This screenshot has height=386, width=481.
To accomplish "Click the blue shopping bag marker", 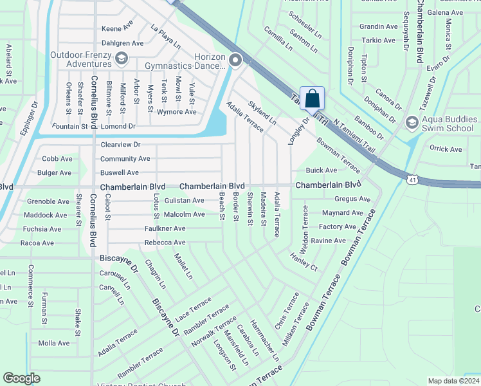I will pyautogui.click(x=312, y=98).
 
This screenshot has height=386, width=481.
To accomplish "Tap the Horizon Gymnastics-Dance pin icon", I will pyautogui.click(x=235, y=61).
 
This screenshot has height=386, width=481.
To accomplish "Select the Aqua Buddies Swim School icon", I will pyautogui.click(x=412, y=122).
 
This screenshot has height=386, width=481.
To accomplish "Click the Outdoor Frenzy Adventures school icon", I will pyautogui.click(x=120, y=60).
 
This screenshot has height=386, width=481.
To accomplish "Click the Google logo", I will pyautogui.click(x=22, y=378).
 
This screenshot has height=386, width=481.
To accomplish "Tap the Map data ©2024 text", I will pyautogui.click(x=453, y=381).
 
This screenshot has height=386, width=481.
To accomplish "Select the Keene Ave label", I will pyautogui.click(x=117, y=29).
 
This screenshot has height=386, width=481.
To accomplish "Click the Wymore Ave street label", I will pyautogui.click(x=177, y=112).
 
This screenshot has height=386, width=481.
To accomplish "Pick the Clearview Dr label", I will pyautogui.click(x=120, y=145).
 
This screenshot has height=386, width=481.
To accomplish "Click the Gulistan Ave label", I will pyautogui.click(x=184, y=201).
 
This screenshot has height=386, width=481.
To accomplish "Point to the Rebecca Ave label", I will pyautogui.click(x=165, y=243).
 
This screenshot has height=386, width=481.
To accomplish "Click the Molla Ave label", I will pyautogui.click(x=54, y=344).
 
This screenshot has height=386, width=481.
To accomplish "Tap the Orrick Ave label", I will pyautogui.click(x=446, y=149).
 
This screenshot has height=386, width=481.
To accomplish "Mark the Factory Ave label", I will pyautogui.click(x=337, y=226).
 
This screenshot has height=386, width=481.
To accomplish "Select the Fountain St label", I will pyautogui.click(x=70, y=127).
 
